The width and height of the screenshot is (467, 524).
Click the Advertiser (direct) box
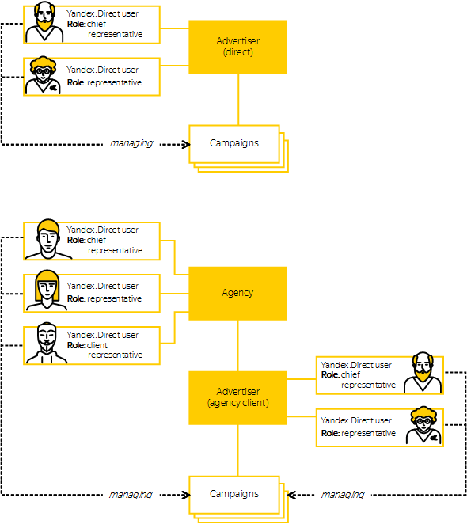(x=237, y=47)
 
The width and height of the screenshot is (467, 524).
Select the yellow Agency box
(x=237, y=293)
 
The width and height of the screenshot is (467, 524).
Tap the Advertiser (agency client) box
(x=237, y=397)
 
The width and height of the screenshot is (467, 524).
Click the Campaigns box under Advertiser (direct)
(x=238, y=148)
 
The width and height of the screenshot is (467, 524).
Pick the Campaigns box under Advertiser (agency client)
(x=238, y=499)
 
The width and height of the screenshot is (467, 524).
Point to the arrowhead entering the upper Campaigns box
(x=186, y=145)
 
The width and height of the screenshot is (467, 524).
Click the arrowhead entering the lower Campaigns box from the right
(x=291, y=495)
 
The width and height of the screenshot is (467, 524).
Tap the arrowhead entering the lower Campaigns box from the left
(x=186, y=495)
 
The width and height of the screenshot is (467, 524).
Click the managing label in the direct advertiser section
(x=131, y=144)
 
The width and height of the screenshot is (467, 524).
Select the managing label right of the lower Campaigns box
(x=343, y=495)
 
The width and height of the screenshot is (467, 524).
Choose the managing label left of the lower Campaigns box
(x=131, y=495)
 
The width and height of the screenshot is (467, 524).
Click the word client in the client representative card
(x=97, y=345)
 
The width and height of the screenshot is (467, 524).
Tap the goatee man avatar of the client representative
(x=47, y=343)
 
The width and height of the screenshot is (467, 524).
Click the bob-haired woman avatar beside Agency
(x=47, y=290)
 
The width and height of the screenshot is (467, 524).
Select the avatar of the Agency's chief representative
(x=48, y=239)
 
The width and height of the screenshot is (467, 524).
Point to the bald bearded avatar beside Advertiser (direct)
(x=44, y=21)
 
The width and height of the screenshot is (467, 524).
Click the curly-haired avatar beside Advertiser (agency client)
(x=423, y=425)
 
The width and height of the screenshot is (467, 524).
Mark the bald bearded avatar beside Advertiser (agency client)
(x=423, y=372)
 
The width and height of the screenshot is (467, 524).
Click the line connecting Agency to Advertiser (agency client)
(x=237, y=346)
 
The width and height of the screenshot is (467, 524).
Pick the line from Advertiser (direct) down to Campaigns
(x=238, y=99)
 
